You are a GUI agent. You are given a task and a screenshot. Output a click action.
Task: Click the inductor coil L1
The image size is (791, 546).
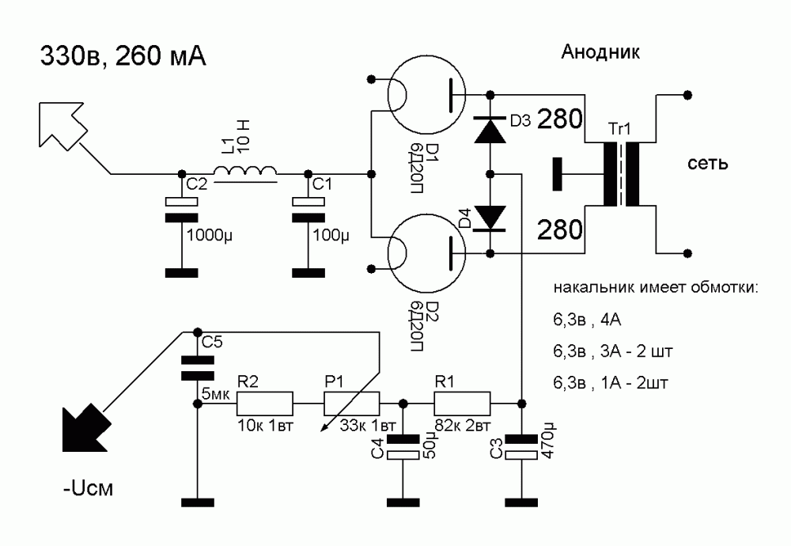click(246, 172)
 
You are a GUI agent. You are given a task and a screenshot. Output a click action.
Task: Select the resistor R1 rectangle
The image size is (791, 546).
click(462, 404)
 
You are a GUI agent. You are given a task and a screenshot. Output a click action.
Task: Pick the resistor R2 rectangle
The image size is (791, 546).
click(265, 404)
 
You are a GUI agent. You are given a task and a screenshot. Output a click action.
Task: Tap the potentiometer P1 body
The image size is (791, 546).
click(352, 404)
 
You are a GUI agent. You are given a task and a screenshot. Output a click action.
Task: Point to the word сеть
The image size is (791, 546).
click(708, 164)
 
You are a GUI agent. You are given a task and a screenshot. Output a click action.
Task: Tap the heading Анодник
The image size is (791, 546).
click(600, 53)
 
